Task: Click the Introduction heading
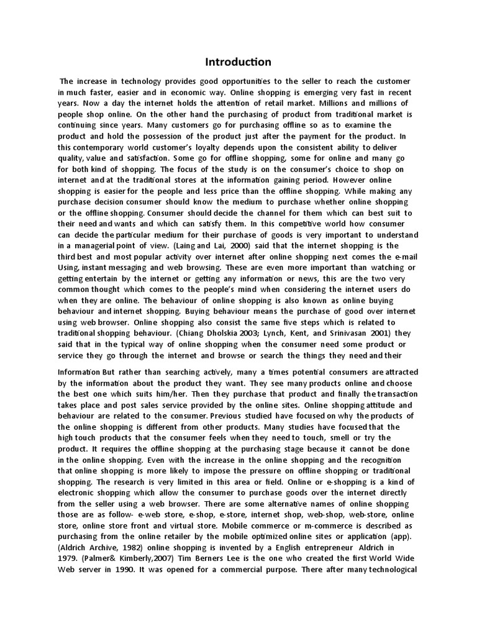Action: (238, 61)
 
